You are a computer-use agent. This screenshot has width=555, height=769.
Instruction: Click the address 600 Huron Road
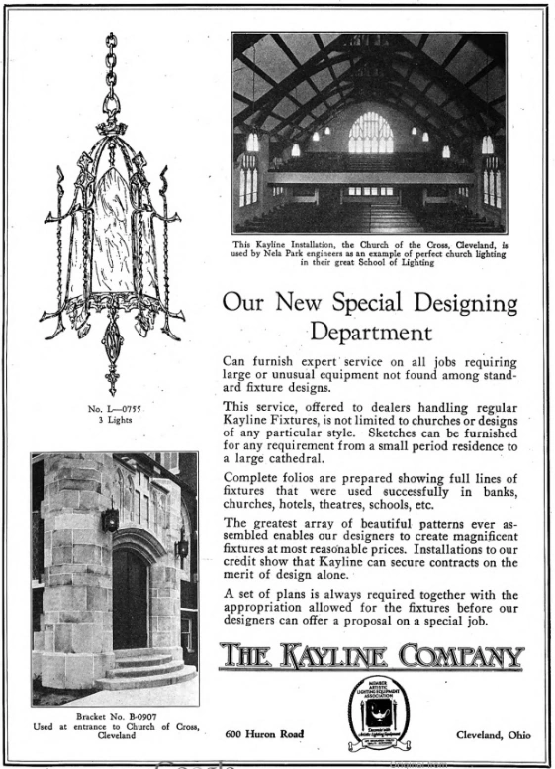[262, 733]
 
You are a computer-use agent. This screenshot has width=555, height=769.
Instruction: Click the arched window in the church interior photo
[370, 132]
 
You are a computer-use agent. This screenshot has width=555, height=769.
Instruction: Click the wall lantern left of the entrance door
[110, 519]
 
